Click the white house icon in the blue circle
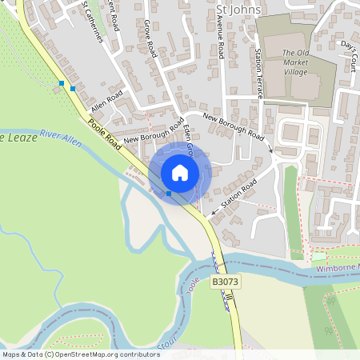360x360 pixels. point(180,172)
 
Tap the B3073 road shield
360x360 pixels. point(225,282)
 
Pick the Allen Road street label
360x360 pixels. point(106,101)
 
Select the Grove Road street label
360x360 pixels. point(150,38)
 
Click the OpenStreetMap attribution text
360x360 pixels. point(80,354)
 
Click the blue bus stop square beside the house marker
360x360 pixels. point(169,194)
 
